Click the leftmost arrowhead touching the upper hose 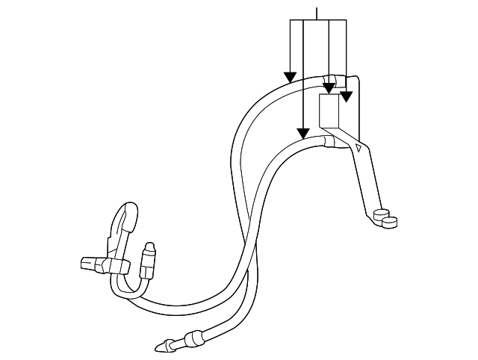tap(289, 77)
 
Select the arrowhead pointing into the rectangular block tap(329, 89)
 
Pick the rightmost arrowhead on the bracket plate tap(346, 96)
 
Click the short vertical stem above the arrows tap(318, 12)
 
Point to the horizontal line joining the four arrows tap(318, 19)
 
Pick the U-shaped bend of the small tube tap(119, 288)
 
